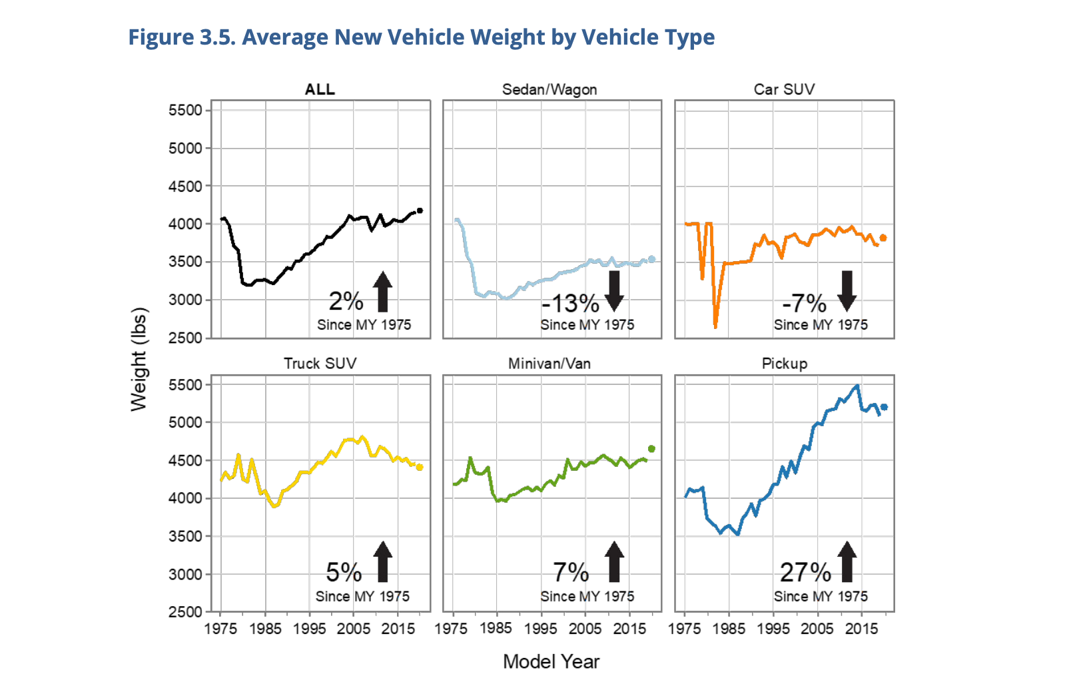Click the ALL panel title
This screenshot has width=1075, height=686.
pyautogui.click(x=320, y=89)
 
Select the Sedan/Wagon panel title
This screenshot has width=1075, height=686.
pyautogui.click(x=549, y=89)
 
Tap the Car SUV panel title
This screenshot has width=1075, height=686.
pyautogui.click(x=784, y=89)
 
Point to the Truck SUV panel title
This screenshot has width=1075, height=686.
pyautogui.click(x=320, y=364)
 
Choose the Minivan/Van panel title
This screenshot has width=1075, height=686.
pyautogui.click(x=549, y=364)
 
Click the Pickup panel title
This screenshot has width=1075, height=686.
pyautogui.click(x=784, y=364)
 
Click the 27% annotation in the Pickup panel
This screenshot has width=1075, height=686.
pyautogui.click(x=805, y=572)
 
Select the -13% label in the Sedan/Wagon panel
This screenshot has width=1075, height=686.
pyautogui.click(x=571, y=304)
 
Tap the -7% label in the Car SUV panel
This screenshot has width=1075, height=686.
pyautogui.click(x=805, y=304)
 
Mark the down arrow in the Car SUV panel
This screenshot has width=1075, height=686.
pyautogui.click(x=847, y=291)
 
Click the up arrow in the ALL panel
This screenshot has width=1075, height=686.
pyautogui.click(x=382, y=291)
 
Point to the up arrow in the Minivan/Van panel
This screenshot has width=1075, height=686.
pyautogui.click(x=614, y=561)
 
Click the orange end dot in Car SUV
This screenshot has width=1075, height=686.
pyautogui.click(x=883, y=238)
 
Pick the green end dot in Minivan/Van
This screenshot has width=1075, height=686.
pyautogui.click(x=651, y=449)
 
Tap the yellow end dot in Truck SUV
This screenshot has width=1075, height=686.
pyautogui.click(x=420, y=468)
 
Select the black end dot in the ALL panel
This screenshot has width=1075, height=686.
pyautogui.click(x=420, y=210)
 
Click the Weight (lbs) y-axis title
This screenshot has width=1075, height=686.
pyautogui.click(x=138, y=360)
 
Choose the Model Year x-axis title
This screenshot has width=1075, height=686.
pyautogui.click(x=551, y=661)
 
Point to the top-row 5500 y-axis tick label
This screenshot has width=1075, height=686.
pyautogui.click(x=185, y=111)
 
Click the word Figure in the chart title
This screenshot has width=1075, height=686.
pyautogui.click(x=161, y=37)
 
